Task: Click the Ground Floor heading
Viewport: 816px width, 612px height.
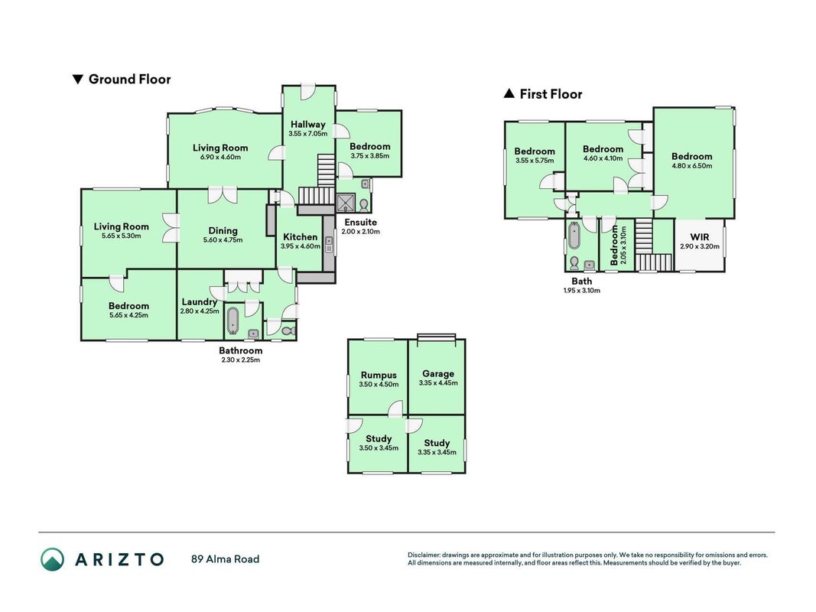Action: [x=129, y=79]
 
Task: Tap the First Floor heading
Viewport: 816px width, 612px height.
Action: [x=551, y=94]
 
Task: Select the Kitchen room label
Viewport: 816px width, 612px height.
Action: [x=301, y=237]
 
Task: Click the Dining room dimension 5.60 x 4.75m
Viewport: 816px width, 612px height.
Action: [x=223, y=240]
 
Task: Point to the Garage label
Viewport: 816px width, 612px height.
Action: [x=438, y=373]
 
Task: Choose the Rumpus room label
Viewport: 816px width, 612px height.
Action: [x=379, y=375]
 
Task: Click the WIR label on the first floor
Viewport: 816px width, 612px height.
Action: [x=700, y=237]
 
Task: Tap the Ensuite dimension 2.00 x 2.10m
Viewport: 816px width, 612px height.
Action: [x=361, y=232]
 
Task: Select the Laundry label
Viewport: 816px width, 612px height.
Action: [x=200, y=302]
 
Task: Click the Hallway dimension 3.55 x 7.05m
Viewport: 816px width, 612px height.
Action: [x=308, y=134]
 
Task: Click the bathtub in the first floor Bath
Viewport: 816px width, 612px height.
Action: [x=574, y=236]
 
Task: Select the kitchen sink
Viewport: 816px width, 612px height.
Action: [x=329, y=243]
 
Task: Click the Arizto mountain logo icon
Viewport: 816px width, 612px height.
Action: [x=53, y=559]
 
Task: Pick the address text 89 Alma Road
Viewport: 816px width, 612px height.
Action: [x=226, y=559]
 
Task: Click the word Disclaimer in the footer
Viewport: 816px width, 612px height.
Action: [x=424, y=555]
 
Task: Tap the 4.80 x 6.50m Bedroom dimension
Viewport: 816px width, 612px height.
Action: [x=691, y=166]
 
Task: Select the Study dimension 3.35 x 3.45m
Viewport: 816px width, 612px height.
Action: [x=437, y=452]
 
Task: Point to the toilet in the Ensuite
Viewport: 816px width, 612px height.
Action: [x=364, y=204]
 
